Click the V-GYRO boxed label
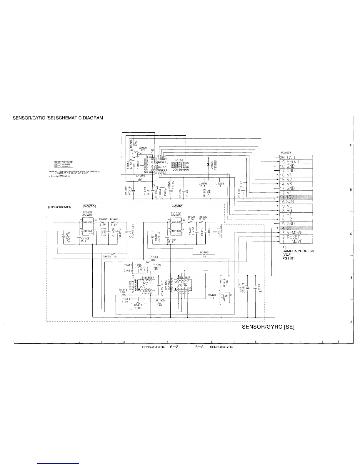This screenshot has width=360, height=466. click(x=89, y=206)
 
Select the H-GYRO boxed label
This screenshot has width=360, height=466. click(x=177, y=206)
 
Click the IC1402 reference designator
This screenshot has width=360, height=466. click(x=176, y=212)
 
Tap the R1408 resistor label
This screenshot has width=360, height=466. click(x=204, y=252)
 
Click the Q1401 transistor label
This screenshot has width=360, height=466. click(x=212, y=295)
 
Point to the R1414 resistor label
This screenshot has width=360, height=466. click(x=154, y=257)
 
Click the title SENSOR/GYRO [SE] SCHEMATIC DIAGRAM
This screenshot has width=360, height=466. click(x=58, y=118)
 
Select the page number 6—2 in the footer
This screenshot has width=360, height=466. click(x=175, y=347)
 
